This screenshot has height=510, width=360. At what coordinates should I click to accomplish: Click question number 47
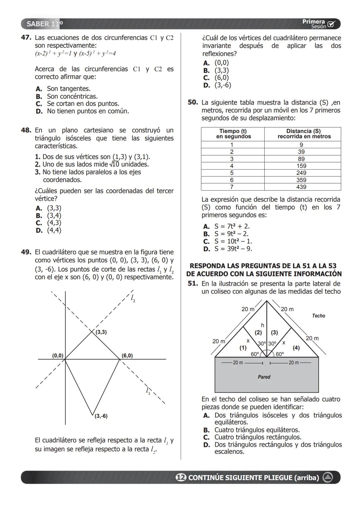pos(26,38)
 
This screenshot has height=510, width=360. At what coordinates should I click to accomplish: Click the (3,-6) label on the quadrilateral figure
pos(101,416)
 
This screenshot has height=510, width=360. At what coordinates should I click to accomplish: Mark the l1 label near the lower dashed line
pos(148,391)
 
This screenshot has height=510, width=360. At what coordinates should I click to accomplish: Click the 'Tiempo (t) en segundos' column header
pos(233,134)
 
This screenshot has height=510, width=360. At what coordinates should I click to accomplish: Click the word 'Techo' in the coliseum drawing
pos(318,316)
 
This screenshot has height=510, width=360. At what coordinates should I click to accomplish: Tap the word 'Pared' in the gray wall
pos(264,377)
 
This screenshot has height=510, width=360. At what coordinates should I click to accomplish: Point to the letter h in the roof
pos(262,325)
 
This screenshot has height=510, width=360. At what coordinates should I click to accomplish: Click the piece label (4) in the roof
pos(296,348)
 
